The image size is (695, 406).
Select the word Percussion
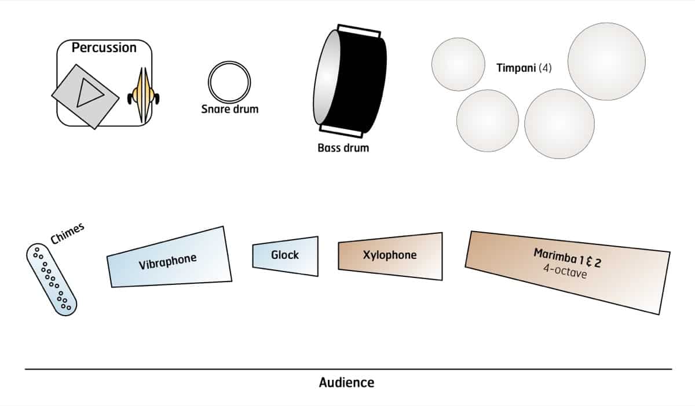point(104,47)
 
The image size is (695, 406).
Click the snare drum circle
point(229,82)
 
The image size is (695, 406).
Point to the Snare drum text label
point(229,109)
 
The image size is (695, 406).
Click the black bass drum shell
point(364,81)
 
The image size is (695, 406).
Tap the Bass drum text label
point(343,148)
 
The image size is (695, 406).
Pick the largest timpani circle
point(606,61)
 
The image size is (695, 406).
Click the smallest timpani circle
point(458,64)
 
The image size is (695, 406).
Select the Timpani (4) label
point(524,68)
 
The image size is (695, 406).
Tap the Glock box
point(285,255)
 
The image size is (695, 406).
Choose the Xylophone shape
point(390,255)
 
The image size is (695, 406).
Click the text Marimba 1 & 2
point(567,258)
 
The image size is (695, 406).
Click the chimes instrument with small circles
point(52,279)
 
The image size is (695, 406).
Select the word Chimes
point(67,233)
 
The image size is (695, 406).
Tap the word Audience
point(346,383)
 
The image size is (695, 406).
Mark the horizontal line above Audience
point(348,369)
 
